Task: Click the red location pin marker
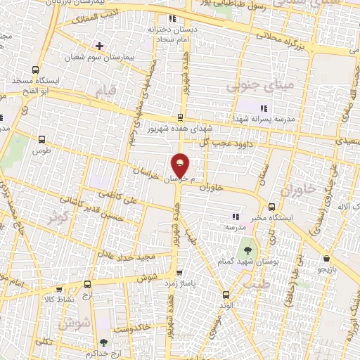tap(181, 165)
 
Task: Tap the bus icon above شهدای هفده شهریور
tap(181, 117)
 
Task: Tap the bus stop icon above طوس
tap(41, 139)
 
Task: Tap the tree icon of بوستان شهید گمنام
tap(247, 249)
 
